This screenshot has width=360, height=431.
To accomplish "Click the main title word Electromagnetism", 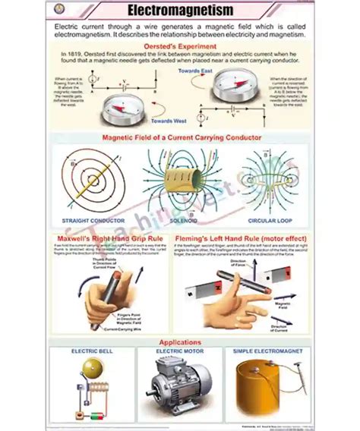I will click(180, 11).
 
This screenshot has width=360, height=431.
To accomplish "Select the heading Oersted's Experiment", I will click(181, 46).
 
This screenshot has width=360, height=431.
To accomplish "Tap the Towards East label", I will click(194, 71).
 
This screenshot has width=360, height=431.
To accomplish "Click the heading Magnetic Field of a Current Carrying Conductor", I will click(182, 137).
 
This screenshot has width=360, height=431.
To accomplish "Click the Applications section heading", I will click(181, 342).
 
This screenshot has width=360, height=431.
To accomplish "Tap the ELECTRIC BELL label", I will click(91, 352).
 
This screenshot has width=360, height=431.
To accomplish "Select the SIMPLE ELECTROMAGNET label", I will click(269, 352).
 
